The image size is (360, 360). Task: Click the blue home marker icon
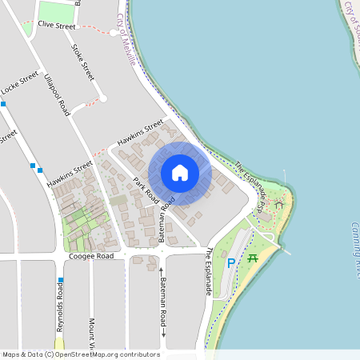click(x=180, y=172)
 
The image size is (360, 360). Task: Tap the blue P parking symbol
click(x=231, y=262)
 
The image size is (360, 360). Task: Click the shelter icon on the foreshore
click(x=278, y=205)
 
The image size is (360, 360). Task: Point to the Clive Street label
click(x=56, y=26)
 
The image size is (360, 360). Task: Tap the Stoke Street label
click(x=83, y=61)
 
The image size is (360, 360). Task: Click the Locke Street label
click(x=19, y=83)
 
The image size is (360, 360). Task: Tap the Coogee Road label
click(x=91, y=257)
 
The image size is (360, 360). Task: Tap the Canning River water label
click(x=355, y=248)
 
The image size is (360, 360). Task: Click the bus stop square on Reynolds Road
click(x=59, y=281)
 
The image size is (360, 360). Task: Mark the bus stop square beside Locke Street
click(x=4, y=103)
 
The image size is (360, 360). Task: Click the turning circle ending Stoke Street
click(x=102, y=98)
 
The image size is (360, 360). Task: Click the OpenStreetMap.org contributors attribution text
click(x=107, y=354)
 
